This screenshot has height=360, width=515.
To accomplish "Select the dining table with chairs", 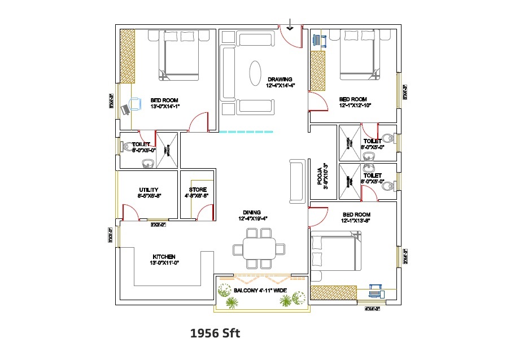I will point(259,248).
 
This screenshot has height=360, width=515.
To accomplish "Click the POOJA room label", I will point(319,175).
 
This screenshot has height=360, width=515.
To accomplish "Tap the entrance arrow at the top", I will point(290,24).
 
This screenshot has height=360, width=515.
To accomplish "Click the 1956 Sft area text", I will point(215,333).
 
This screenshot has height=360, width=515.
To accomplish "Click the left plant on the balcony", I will point(230,302).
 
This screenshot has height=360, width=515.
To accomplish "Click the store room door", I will point(204,213).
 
